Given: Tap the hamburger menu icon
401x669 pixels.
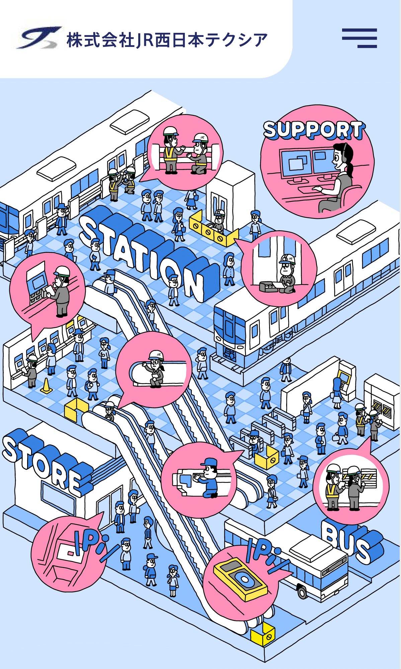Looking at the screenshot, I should tap(359, 38).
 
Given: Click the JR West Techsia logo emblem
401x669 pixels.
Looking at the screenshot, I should tap(38, 38).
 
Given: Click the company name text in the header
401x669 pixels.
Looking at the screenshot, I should tap(167, 40).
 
